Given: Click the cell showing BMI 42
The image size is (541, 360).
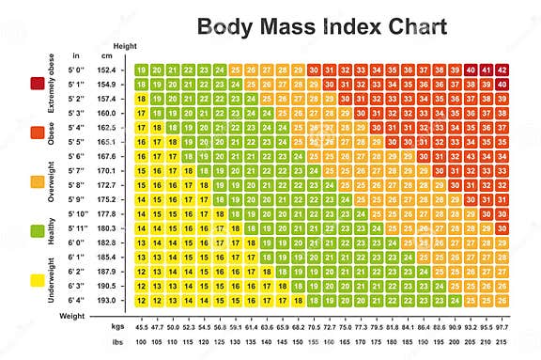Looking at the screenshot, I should click(502, 70).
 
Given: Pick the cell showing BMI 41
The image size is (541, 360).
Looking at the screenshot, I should click(487, 70).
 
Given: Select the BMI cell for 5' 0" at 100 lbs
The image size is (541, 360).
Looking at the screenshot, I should click(141, 70).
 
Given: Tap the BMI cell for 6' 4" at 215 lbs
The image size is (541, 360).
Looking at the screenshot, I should click(502, 300).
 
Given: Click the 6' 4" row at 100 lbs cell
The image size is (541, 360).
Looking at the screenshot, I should click(141, 300).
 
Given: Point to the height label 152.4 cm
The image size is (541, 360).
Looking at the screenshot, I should click(109, 70).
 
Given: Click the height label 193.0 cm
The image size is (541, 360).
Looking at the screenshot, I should click(109, 300).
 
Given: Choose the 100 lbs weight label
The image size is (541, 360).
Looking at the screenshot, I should click(141, 341).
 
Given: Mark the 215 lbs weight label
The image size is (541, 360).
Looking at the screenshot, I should click(502, 341).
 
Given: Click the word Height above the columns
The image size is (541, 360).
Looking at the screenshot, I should click(124, 45).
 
